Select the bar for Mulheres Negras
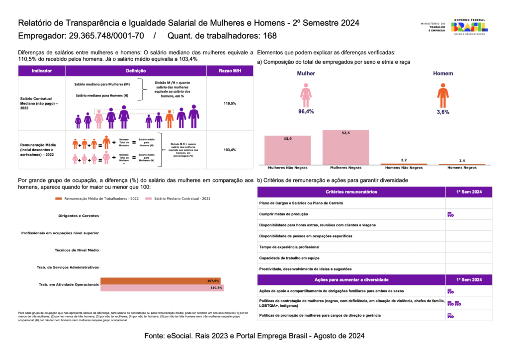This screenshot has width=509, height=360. coord(346,147)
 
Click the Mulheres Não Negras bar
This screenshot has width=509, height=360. coord(287,150)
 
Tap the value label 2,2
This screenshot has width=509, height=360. coord(403,160)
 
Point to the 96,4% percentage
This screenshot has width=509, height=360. coord(306,112)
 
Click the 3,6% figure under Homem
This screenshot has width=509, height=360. coord(443,112)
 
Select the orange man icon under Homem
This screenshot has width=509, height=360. coord(443,95)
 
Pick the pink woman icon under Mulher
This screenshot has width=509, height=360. coord(306,95)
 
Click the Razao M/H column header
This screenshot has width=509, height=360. coord(230,71)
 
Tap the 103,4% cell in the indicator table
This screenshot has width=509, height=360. coord(230,150)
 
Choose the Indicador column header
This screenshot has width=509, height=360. coord(42,71)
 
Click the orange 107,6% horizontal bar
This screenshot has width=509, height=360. coord(160,281)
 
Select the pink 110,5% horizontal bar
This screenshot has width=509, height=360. coord(162,287)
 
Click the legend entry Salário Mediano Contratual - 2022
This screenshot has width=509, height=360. coord(179,199)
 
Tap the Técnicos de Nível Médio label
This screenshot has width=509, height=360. coord(77,250)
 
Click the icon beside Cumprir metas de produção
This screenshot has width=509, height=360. coord(450,214)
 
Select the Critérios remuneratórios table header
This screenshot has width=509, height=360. coord(351,192)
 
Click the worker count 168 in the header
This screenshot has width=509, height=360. coord(270,36)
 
